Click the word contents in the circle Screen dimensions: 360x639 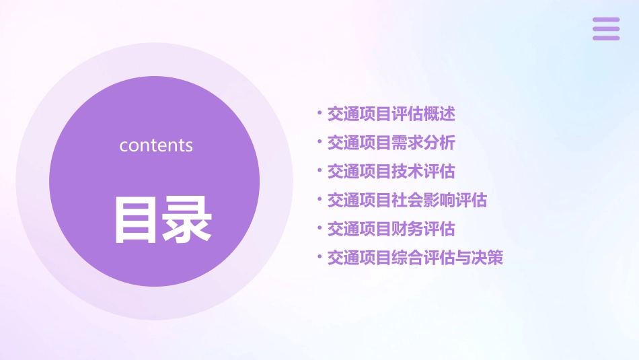click(156, 145)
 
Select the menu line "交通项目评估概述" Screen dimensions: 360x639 click(391, 114)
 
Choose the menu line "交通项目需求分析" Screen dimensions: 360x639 click(391, 143)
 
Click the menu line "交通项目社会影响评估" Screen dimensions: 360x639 click(407, 200)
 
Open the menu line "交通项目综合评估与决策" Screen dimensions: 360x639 click(415, 258)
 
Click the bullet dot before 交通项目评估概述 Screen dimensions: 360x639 click(319, 113)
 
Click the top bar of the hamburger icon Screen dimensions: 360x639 click(606, 20)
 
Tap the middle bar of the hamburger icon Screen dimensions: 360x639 click(606, 28)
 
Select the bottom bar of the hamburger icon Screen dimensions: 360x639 click(606, 38)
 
